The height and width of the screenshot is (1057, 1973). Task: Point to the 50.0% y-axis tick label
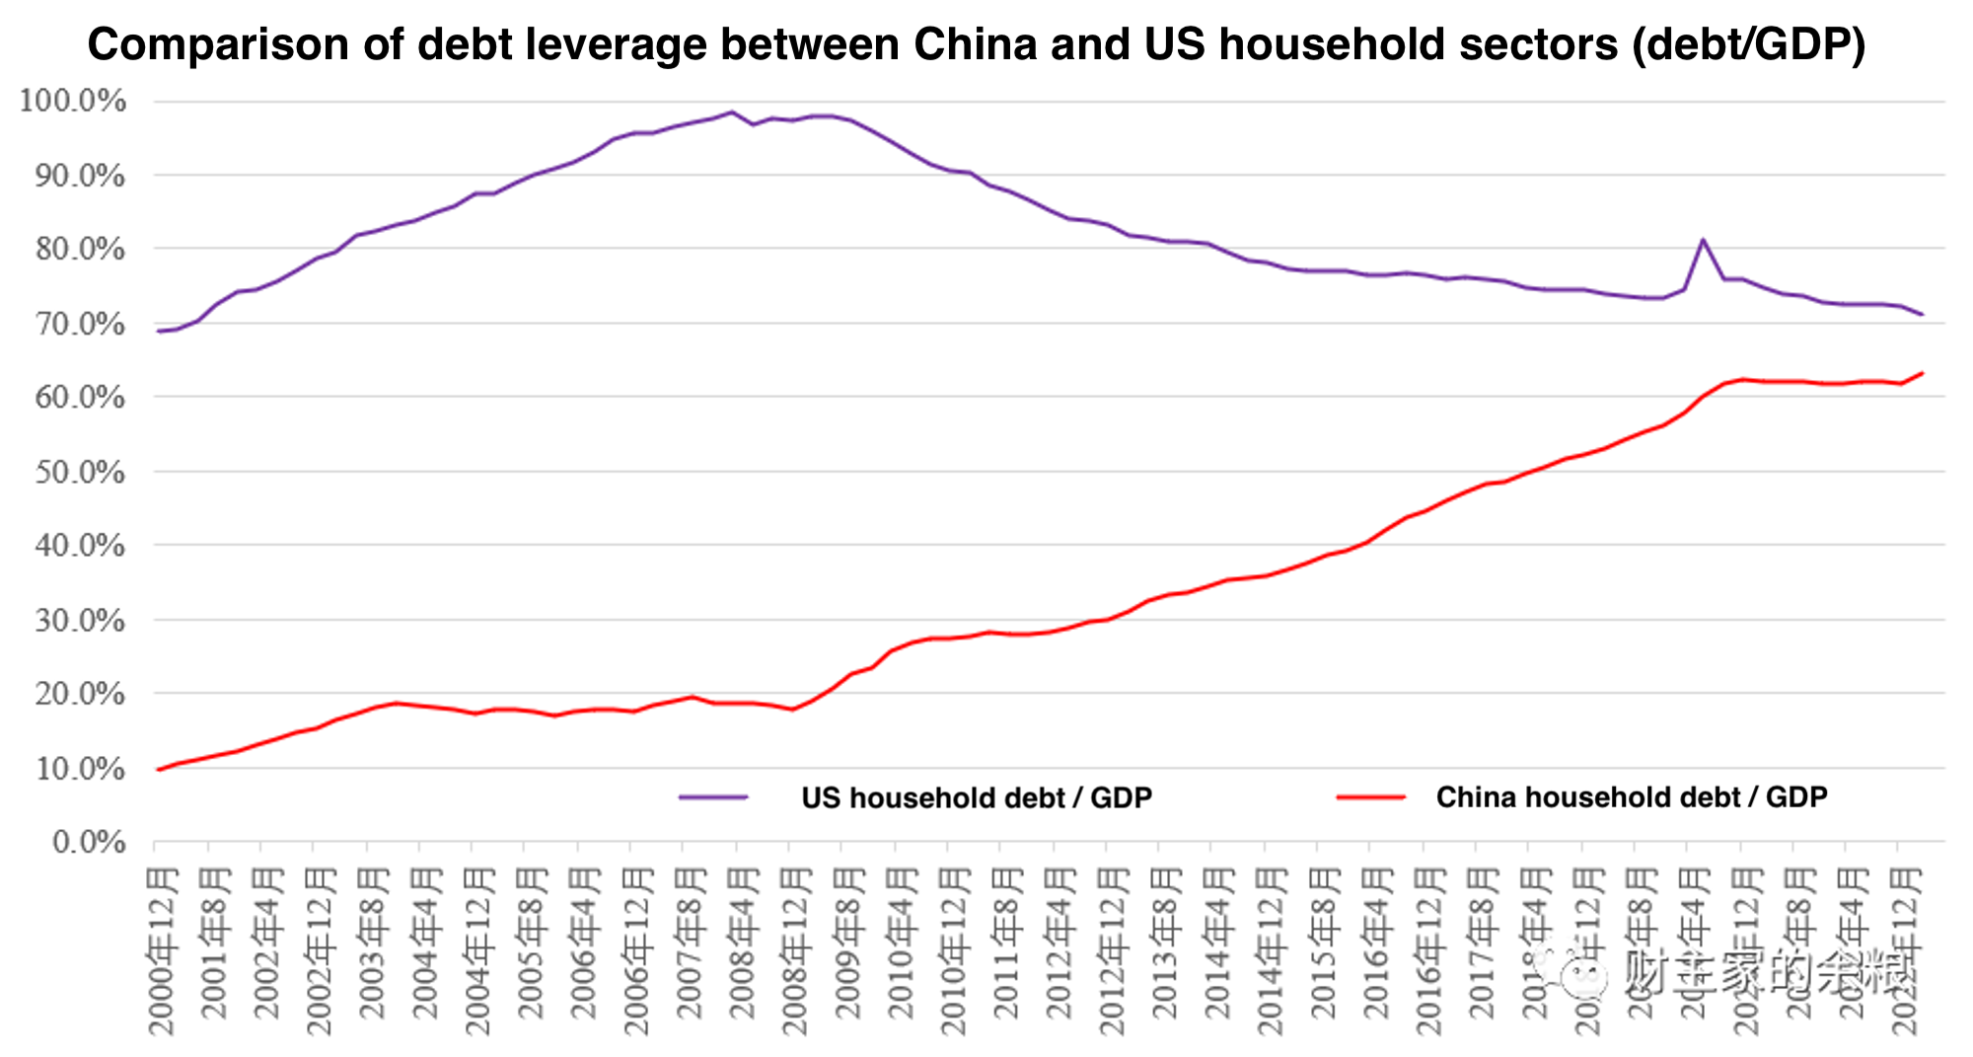pyautogui.click(x=79, y=472)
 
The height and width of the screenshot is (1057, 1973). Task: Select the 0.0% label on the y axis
pyautogui.click(x=88, y=843)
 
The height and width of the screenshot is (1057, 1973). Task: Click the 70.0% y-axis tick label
pyautogui.click(x=79, y=324)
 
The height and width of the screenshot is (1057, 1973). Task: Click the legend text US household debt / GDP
pyautogui.click(x=976, y=797)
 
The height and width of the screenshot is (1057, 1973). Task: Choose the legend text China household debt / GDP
pyautogui.click(x=1631, y=797)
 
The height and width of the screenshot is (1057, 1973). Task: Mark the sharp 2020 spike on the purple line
pyautogui.click(x=1703, y=240)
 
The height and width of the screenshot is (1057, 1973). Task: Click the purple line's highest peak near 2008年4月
pyautogui.click(x=731, y=113)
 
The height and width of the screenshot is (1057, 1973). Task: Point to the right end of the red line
pyautogui.click(x=1923, y=373)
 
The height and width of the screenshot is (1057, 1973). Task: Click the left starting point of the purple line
pyautogui.click(x=158, y=331)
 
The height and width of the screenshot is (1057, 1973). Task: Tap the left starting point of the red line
pyautogui.click(x=158, y=769)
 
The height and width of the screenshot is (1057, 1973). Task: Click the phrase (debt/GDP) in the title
pyautogui.click(x=1748, y=44)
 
